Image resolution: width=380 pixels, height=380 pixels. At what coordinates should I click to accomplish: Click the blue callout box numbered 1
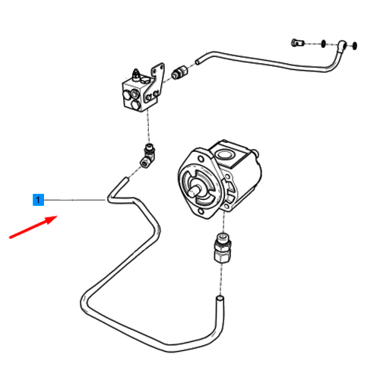point(38,200)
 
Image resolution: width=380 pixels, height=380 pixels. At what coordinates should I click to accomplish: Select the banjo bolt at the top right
point(297,43)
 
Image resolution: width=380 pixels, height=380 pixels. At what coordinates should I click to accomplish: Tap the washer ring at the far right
point(354,46)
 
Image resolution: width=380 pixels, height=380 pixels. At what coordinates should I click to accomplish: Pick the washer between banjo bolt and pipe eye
point(323,43)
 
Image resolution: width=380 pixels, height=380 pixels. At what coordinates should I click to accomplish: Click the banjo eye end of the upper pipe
point(342,46)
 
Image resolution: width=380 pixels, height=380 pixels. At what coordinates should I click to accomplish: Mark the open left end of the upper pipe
point(198,62)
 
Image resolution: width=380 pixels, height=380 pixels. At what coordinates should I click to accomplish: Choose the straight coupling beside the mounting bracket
point(180,72)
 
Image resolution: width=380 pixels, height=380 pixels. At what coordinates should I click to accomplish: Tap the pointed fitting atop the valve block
point(136,74)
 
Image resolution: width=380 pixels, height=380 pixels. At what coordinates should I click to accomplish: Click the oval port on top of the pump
point(223,154)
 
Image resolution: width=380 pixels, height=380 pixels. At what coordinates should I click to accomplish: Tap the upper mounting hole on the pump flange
point(201,160)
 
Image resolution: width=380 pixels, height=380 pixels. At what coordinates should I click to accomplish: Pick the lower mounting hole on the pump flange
point(200,211)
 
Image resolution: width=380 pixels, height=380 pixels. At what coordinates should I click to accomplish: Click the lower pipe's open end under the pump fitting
point(220,299)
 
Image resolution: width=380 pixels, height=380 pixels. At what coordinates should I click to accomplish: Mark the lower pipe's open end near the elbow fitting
point(125,179)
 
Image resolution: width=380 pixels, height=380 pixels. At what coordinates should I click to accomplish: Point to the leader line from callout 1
point(74,200)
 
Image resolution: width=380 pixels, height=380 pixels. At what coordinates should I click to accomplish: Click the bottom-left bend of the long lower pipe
point(84,302)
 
